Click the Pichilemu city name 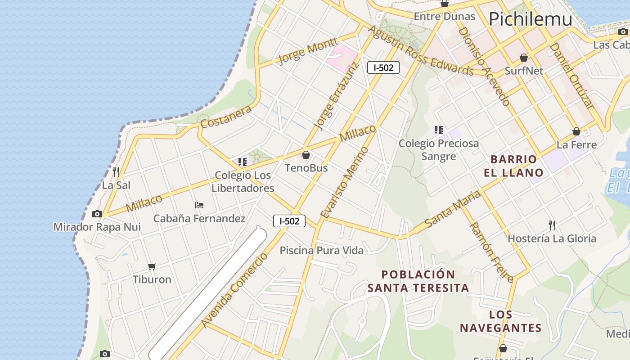[530, 19]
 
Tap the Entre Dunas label [444, 17]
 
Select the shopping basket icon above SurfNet [524, 58]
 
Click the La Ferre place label [576, 144]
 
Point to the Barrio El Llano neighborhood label [513, 166]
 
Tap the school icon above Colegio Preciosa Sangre [439, 130]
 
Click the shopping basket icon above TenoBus [306, 155]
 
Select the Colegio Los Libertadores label [243, 182]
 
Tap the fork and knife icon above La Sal [116, 171]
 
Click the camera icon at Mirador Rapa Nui [97, 214]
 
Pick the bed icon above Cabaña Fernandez [199, 205]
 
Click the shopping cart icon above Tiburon [152, 266]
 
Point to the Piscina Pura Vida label [321, 251]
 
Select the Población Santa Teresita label [418, 281]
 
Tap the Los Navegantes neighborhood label [500, 321]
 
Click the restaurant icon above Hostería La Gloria [552, 225]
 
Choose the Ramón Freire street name [491, 252]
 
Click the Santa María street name [452, 209]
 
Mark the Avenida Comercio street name [235, 290]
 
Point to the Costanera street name [226, 117]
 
